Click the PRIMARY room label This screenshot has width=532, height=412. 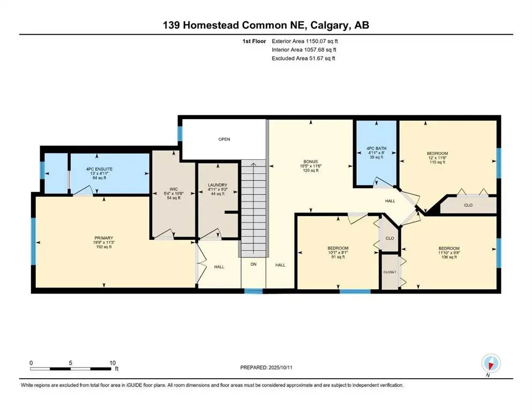104,238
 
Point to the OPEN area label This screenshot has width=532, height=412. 224,139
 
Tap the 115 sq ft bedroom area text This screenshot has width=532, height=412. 437,163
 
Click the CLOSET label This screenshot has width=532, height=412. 389,272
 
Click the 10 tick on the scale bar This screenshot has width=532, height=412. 112,362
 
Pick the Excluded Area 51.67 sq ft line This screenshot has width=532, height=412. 303,58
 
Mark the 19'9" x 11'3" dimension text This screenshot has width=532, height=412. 104,242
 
